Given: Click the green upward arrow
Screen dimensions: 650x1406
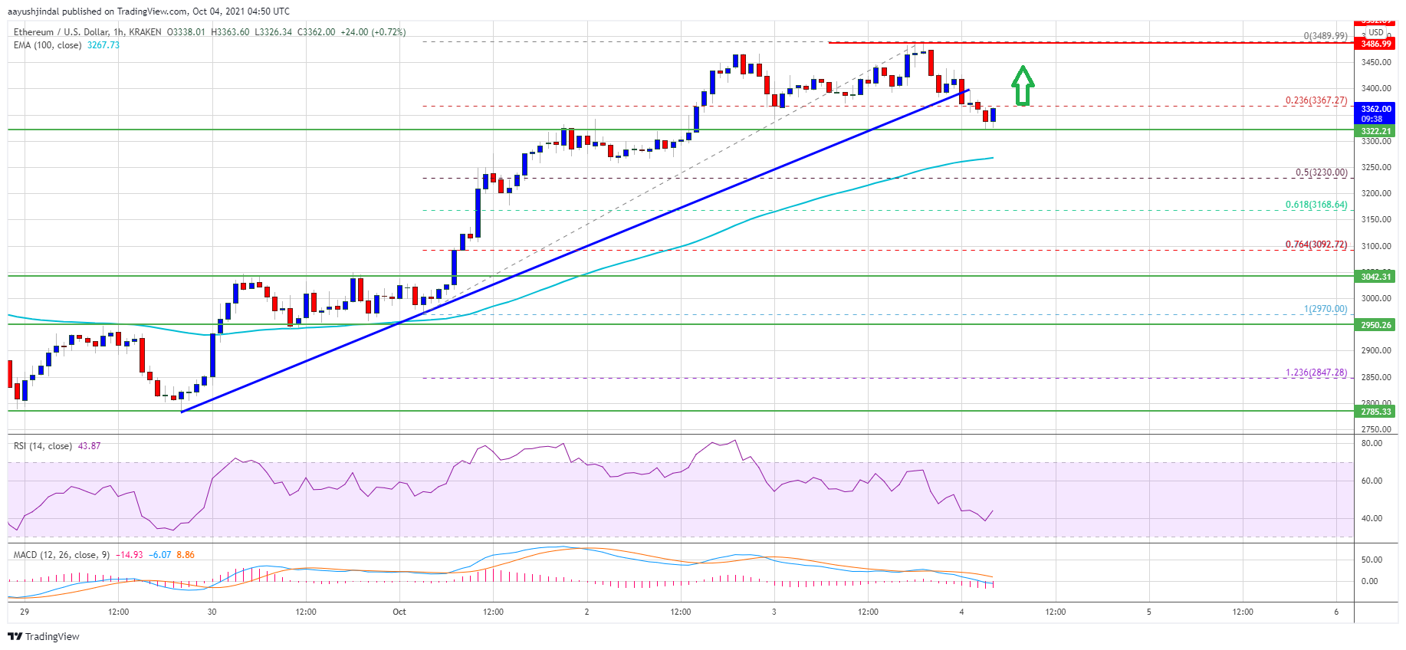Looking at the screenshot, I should click(x=1023, y=86).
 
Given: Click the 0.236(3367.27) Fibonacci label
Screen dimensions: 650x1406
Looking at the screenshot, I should click(x=1316, y=100).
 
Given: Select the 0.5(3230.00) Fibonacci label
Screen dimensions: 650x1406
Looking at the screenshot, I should click(x=1321, y=172).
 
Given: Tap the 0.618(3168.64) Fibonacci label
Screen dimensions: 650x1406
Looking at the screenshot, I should click(x=1316, y=205).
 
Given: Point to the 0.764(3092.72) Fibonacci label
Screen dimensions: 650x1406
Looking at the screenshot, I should click(x=1316, y=245).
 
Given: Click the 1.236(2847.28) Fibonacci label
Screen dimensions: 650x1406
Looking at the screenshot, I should click(x=1316, y=373).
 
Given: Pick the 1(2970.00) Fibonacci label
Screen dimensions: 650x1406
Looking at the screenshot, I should click(x=1326, y=309).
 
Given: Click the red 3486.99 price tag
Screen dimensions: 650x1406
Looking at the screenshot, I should click(x=1376, y=44).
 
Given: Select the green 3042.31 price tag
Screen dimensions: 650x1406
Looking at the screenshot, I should click(x=1376, y=277).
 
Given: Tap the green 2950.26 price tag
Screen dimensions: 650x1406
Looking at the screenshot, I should click(x=1376, y=325).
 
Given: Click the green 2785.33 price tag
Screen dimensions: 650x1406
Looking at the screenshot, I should click(x=1376, y=412).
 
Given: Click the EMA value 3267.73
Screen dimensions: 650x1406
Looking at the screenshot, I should click(x=103, y=45).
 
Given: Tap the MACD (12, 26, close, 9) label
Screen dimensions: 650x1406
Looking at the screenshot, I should click(x=61, y=555).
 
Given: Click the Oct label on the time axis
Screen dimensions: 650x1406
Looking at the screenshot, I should click(x=399, y=612).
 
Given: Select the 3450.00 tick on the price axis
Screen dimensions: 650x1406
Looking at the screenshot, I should click(x=1376, y=63).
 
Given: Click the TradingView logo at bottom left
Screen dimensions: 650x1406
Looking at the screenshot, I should click(x=44, y=636).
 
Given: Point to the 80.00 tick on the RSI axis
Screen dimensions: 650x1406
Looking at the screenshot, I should click(x=1372, y=444).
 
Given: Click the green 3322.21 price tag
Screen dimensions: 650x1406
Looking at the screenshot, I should click(x=1376, y=132).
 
